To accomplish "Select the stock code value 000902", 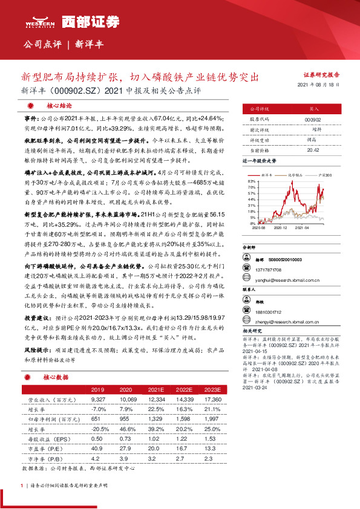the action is click(314, 120).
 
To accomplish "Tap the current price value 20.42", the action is click(314, 149).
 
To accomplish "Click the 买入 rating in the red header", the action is click(314, 109).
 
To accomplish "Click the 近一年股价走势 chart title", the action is click(258, 161).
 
